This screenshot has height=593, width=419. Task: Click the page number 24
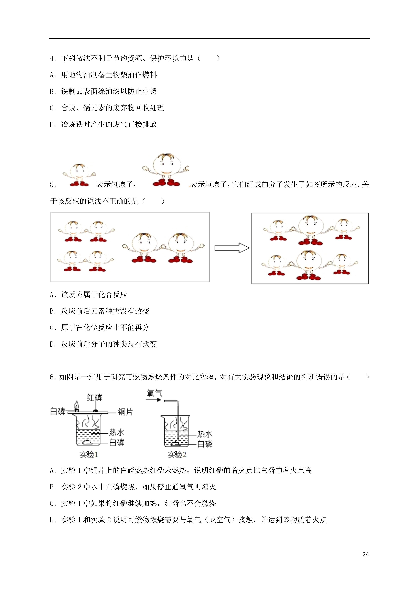click(366, 554)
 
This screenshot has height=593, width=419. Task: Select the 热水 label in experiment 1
click(116, 432)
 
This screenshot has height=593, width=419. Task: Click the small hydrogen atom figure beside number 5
click(79, 175)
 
